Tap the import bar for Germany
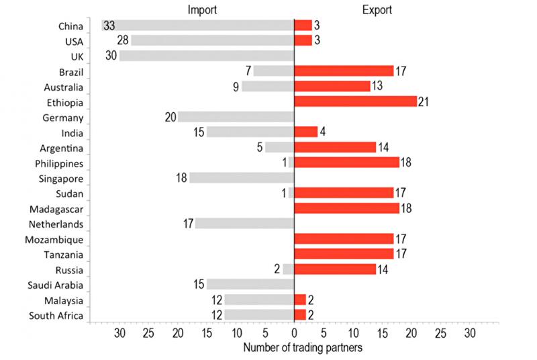236,117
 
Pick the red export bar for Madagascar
346,208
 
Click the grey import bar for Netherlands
244,224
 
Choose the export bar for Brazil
344,71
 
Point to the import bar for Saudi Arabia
250,285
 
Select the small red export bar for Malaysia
300,300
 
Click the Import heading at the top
201,10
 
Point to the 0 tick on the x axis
294,332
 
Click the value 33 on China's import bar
109,26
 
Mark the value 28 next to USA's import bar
121,41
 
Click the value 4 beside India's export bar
322,132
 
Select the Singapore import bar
242,178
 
